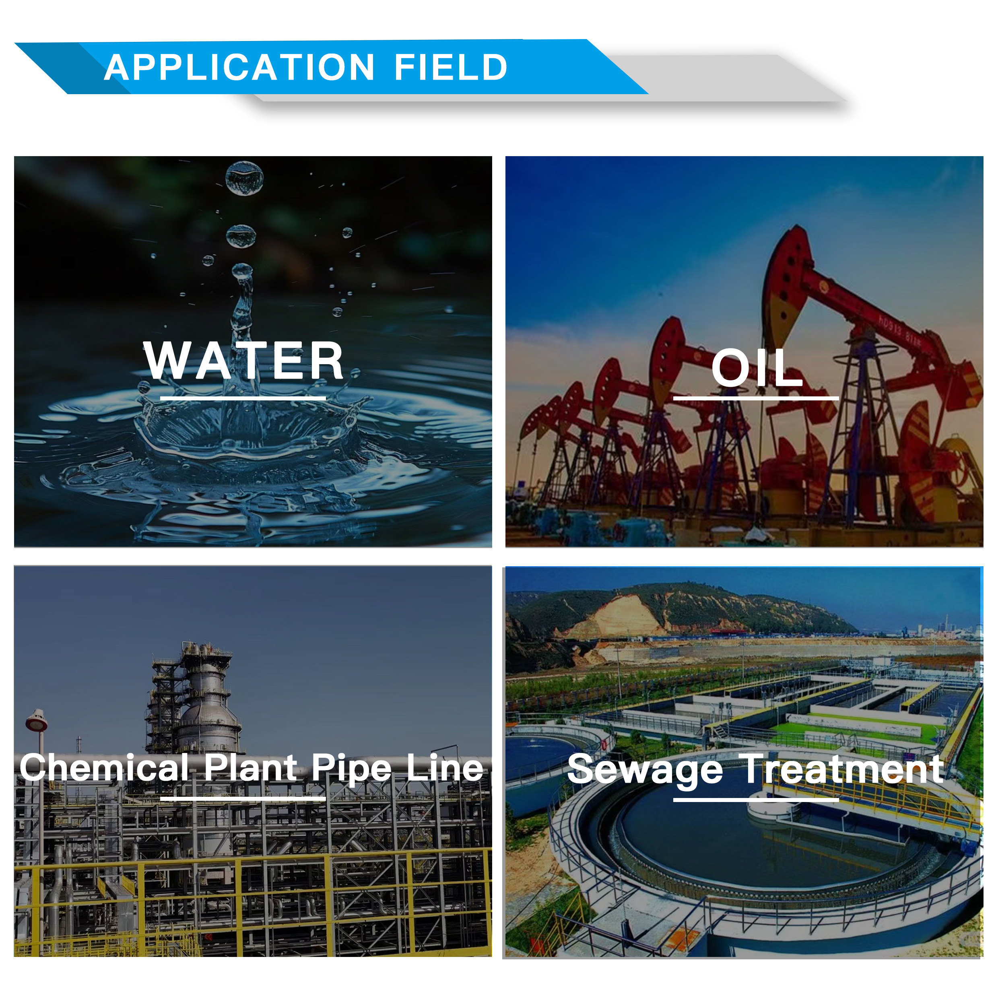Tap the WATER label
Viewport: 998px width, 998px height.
click(x=243, y=361)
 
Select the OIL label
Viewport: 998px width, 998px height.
click(x=757, y=367)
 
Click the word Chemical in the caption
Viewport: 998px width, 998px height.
click(x=104, y=767)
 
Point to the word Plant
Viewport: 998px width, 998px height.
click(x=251, y=767)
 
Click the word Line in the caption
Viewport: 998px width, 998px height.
click(x=445, y=767)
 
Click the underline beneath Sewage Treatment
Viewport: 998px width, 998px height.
click(x=756, y=800)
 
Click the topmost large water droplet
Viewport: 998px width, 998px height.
click(x=244, y=179)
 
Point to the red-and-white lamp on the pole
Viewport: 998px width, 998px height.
click(x=36, y=720)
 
